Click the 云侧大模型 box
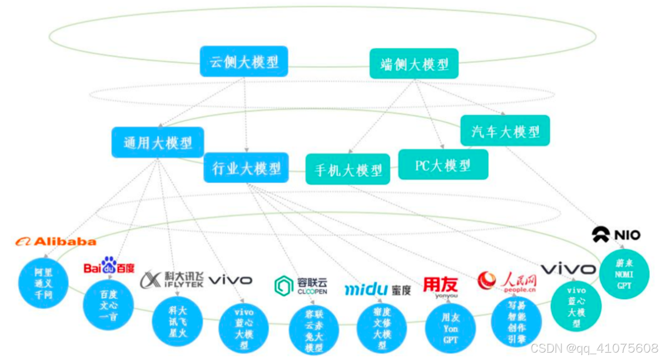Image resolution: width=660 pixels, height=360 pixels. [244, 61]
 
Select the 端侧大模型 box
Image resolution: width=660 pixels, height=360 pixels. [414, 64]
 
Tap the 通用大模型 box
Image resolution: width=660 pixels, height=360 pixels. [158, 142]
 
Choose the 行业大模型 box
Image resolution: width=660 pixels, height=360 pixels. [246, 168]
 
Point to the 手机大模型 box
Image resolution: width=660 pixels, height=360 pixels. [348, 169]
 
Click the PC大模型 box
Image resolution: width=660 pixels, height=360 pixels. [443, 164]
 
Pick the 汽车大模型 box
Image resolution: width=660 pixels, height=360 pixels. [505, 131]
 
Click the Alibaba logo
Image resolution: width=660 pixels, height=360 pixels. [55, 241]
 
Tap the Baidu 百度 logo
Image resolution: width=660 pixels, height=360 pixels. [109, 265]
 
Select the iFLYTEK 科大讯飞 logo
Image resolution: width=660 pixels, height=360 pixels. [172, 279]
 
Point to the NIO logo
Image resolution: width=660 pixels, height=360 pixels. [616, 235]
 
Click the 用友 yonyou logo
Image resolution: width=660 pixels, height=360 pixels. [440, 287]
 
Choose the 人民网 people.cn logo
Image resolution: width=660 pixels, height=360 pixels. [507, 281]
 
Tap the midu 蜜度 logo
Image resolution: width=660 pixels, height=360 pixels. [377, 289]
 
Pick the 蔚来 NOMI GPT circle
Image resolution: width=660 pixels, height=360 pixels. [624, 274]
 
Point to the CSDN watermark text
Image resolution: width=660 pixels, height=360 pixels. [594, 348]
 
